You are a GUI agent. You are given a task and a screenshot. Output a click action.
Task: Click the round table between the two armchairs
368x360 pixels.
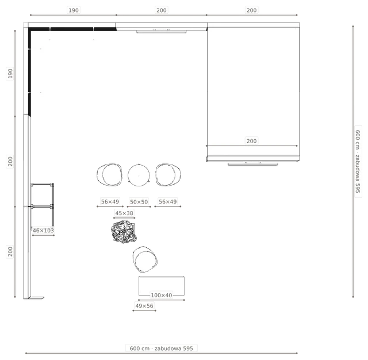click(139, 164)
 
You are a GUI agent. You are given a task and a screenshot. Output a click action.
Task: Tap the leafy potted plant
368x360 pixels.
click(124, 232)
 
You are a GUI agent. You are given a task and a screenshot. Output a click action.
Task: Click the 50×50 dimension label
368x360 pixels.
click(139, 202)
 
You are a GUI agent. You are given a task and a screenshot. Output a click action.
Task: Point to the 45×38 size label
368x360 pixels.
click(124, 213)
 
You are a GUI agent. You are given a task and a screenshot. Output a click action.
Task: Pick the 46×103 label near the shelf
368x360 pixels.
click(43, 231)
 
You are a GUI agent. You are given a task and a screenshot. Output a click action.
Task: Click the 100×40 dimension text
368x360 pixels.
click(162, 295)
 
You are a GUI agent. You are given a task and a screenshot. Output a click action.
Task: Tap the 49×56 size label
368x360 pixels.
click(144, 306)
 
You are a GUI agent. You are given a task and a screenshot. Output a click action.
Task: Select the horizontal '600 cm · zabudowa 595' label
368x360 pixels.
click(162, 348)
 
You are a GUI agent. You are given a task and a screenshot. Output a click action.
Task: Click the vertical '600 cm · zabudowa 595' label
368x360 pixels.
click(358, 162)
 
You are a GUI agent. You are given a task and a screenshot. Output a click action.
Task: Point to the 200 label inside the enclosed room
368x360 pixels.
click(252, 141)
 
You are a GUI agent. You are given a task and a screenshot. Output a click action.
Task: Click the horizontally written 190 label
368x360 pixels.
click(74, 10)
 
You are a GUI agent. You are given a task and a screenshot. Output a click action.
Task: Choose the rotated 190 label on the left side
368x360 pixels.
click(10, 74)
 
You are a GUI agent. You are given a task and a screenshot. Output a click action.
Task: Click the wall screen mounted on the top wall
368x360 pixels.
click(162, 31)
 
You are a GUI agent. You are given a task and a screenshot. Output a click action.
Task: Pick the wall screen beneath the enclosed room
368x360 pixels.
click(253, 163)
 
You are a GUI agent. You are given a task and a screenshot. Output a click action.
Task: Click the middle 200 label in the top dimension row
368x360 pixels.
click(162, 10)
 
